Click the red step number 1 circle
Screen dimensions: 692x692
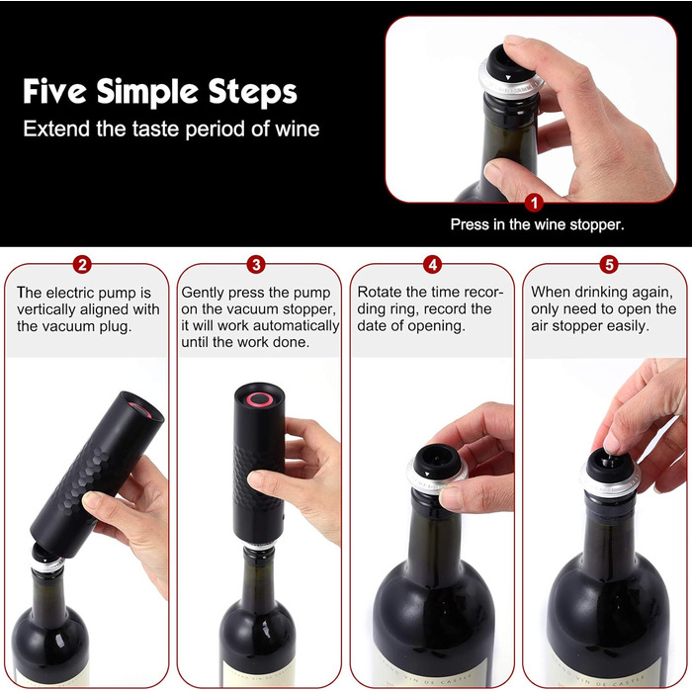pyautogui.click(x=534, y=203)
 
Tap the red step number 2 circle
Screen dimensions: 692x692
pyautogui.click(x=82, y=265)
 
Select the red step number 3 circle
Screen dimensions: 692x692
pyautogui.click(x=256, y=265)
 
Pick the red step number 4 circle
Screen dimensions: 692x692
pyautogui.click(x=433, y=265)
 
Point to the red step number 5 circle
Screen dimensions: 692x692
pyautogui.click(x=609, y=265)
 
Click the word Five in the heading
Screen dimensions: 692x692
pyautogui.click(x=54, y=91)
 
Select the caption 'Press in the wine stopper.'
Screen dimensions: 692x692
pyautogui.click(x=537, y=224)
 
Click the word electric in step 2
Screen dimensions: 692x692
pyautogui.click(x=70, y=293)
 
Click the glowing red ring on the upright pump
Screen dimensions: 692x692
pyautogui.click(x=259, y=399)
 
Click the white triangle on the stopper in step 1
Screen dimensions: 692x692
pyautogui.click(x=508, y=78)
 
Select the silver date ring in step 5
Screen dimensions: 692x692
pyautogui.click(x=610, y=482)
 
